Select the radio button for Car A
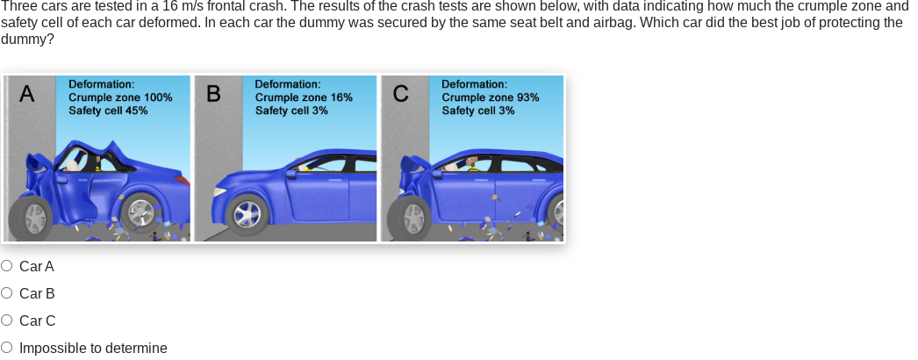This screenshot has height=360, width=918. pyautogui.click(x=6, y=266)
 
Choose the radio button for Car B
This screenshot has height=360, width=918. pyautogui.click(x=6, y=292)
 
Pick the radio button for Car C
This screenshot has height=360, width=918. pyautogui.click(x=6, y=320)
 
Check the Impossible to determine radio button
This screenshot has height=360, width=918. pyautogui.click(x=6, y=348)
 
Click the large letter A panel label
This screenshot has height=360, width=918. pyautogui.click(x=27, y=94)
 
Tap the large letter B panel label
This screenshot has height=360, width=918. pyautogui.click(x=213, y=94)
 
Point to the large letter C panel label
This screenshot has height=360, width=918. pyautogui.click(x=400, y=94)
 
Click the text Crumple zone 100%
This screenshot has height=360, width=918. pyautogui.click(x=120, y=97)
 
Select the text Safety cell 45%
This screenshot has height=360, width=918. pyautogui.click(x=108, y=110)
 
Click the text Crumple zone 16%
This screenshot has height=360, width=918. pyautogui.click(x=304, y=97)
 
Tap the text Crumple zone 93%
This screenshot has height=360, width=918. pyautogui.click(x=491, y=97)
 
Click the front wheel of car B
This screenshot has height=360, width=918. pyautogui.click(x=247, y=214)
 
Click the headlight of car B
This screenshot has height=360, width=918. pyautogui.click(x=219, y=191)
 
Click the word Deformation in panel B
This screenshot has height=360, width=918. pyautogui.click(x=288, y=84)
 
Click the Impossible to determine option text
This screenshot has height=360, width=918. pyautogui.click(x=93, y=349)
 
